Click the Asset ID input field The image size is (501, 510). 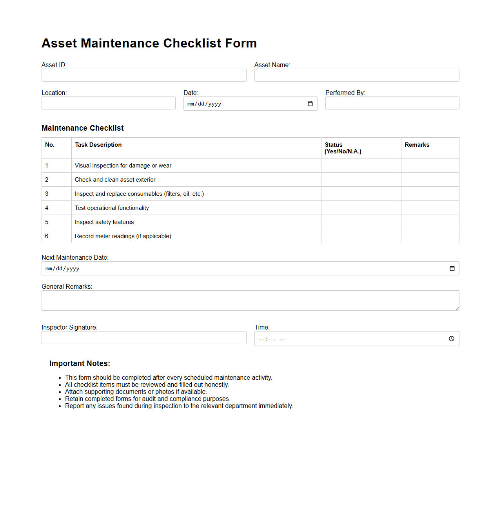tap(144, 75)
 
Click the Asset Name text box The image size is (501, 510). tap(357, 75)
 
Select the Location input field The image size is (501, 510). tap(109, 103)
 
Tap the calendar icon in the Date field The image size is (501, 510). tap(310, 104)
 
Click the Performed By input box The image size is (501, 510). tap(392, 103)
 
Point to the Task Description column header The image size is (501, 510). tap(98, 145)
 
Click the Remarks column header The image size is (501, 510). tap(417, 145)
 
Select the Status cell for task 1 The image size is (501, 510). tap(361, 166)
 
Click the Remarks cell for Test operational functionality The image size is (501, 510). tap(430, 208)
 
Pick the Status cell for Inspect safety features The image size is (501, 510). tap(361, 222)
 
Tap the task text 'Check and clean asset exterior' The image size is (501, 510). tap(115, 180)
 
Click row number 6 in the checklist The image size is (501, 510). tap(47, 236)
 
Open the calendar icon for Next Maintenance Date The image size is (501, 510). tap(452, 269)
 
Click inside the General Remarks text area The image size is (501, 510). tap(250, 301)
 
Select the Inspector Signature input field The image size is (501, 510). tap(144, 338)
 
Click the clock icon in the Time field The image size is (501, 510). tap(452, 339)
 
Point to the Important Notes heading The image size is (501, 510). tap(80, 364)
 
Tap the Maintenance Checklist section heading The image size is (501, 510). tap(83, 128)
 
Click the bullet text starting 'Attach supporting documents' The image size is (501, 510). tap(136, 392)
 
